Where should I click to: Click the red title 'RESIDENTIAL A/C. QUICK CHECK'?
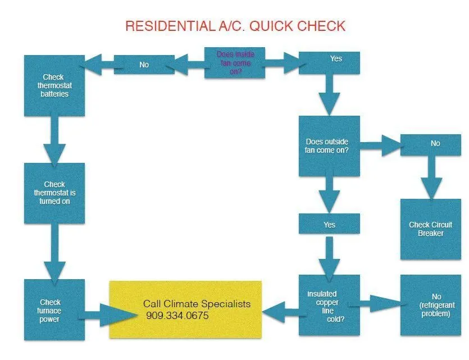click(235, 26)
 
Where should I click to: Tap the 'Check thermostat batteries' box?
click(54, 85)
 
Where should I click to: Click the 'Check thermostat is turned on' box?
click(54, 193)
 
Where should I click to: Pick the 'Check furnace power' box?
click(54, 310)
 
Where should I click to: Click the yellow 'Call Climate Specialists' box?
click(185, 309)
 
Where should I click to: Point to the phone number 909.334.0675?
click(177, 316)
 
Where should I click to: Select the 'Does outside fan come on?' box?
click(329, 146)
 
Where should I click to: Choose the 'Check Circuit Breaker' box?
click(430, 229)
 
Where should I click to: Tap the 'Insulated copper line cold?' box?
click(329, 306)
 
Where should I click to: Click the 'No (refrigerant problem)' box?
click(430, 306)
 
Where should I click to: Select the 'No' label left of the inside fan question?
click(144, 65)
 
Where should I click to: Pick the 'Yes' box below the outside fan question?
click(329, 224)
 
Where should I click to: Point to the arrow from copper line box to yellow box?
click(280, 309)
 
